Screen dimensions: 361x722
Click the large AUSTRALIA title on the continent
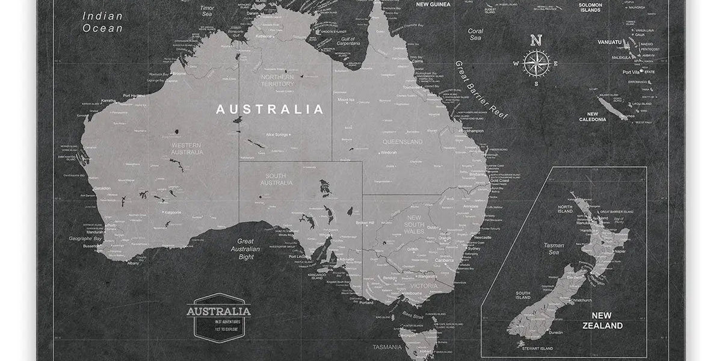pos(270,110)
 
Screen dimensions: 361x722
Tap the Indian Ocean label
pos(103,22)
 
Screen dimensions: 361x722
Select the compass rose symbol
pos(535,62)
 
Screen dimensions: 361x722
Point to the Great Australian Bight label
pos(245,248)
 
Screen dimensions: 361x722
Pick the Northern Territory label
pos(277,80)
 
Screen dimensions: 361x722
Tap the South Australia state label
pos(276,179)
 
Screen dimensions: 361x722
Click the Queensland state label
pos(402,142)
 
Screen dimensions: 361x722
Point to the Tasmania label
pos(386,347)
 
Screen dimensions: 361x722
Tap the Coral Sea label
pos(475,34)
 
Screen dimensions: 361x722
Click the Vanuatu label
pos(609,42)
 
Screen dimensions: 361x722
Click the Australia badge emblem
pos(218,315)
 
